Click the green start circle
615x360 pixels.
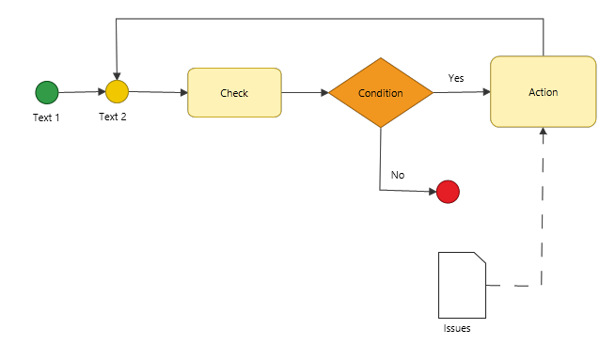(47, 92)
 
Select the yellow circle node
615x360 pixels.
(117, 92)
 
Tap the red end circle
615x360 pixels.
(448, 192)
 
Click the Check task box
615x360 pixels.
(234, 92)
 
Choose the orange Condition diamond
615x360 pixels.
(381, 92)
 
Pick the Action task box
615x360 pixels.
(544, 92)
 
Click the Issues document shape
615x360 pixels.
(462, 285)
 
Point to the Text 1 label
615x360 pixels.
(46, 117)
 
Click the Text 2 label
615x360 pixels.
(113, 117)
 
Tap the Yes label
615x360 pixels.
(456, 78)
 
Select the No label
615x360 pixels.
(398, 175)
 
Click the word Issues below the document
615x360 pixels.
(457, 328)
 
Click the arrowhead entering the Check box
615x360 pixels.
(184, 92)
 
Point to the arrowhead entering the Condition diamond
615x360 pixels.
(324, 92)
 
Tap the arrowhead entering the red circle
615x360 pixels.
(433, 192)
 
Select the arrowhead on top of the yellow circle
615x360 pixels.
(117, 76)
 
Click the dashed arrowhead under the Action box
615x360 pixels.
(544, 132)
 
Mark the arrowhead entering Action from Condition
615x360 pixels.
(487, 92)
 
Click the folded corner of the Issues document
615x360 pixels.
(481, 258)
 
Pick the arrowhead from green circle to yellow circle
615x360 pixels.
(102, 92)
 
